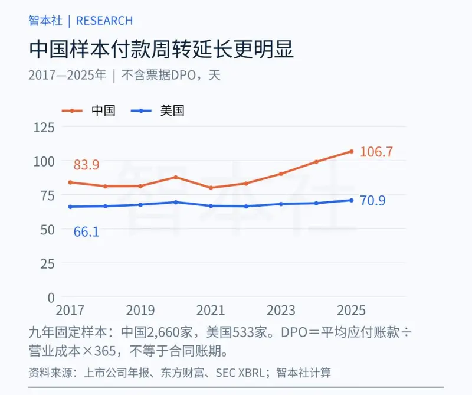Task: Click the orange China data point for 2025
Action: pyautogui.click(x=351, y=151)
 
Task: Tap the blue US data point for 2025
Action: pyautogui.click(x=351, y=200)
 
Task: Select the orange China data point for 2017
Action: pyautogui.click(x=70, y=182)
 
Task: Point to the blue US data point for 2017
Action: pyautogui.click(x=70, y=207)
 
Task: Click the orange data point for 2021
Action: pyautogui.click(x=211, y=188)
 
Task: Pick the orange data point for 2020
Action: pyautogui.click(x=176, y=177)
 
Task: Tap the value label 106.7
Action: pyautogui.click(x=376, y=152)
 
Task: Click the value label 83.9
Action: pyautogui.click(x=86, y=165)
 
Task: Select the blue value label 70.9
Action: pyautogui.click(x=373, y=200)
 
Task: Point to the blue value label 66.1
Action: pyautogui.click(x=86, y=231)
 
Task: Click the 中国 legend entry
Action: pyautogui.click(x=88, y=110)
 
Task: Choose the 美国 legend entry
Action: pyautogui.click(x=158, y=110)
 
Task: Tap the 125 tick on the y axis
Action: pyautogui.click(x=44, y=128)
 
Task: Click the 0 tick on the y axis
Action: pyautogui.click(x=51, y=298)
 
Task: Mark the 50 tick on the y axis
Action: pyautogui.click(x=48, y=230)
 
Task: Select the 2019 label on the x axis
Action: pyautogui.click(x=140, y=310)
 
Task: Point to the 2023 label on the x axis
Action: pyautogui.click(x=281, y=310)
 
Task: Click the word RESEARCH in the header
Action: pyautogui.click(x=104, y=21)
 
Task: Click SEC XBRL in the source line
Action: pyautogui.click(x=240, y=373)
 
